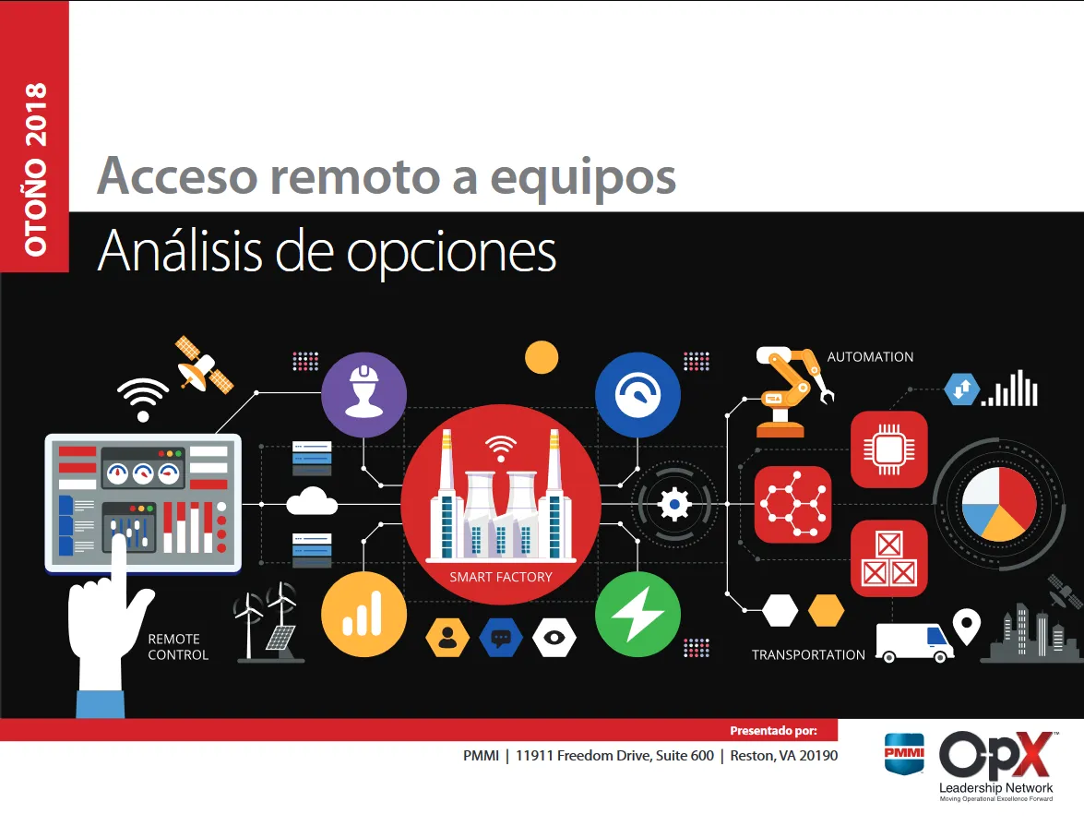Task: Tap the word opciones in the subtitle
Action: (x=451, y=251)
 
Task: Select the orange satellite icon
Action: (x=204, y=365)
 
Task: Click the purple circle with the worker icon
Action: (x=363, y=395)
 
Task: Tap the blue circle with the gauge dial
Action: (x=637, y=395)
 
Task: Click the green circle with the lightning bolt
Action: (x=637, y=614)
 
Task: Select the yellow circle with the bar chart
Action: (x=363, y=614)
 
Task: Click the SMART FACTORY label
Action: (x=501, y=577)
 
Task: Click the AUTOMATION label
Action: (x=870, y=357)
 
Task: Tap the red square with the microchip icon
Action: (x=888, y=449)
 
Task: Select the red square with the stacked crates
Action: (x=888, y=559)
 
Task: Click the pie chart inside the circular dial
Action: (x=995, y=503)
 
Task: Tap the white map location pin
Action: (x=966, y=627)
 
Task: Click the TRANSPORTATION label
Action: (x=808, y=655)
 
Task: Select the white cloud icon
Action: (x=312, y=503)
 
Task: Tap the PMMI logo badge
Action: (x=904, y=753)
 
